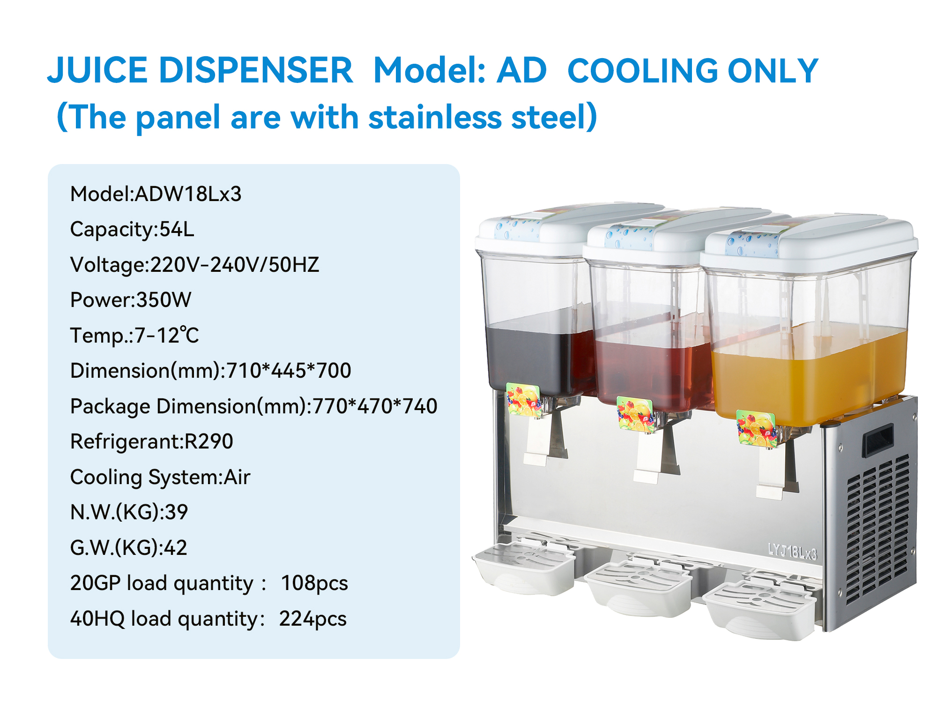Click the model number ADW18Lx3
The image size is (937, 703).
click(188, 194)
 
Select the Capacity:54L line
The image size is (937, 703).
click(132, 229)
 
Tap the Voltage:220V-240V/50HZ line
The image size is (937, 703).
click(195, 265)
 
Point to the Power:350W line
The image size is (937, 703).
click(131, 300)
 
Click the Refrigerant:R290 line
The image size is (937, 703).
click(152, 441)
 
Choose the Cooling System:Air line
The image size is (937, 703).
click(160, 477)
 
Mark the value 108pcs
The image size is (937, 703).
click(314, 583)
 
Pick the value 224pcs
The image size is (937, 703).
click(313, 619)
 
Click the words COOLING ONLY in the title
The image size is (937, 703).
click(693, 71)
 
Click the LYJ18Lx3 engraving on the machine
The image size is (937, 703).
click(792, 551)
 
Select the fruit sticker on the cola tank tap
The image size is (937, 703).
click(523, 399)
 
